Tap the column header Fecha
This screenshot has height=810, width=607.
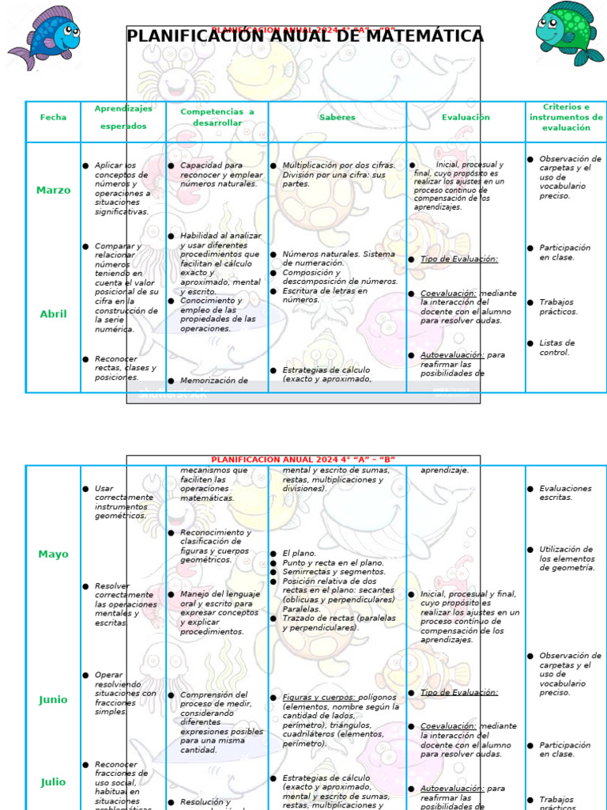click(x=54, y=117)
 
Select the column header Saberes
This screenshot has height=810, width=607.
click(x=337, y=117)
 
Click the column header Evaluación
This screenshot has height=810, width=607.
click(x=466, y=117)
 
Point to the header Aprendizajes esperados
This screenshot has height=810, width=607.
click(x=123, y=116)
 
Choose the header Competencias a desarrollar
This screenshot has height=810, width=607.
click(x=217, y=117)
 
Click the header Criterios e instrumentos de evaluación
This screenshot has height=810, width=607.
click(x=566, y=117)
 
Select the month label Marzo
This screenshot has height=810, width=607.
click(x=54, y=190)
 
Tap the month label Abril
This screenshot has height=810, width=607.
click(x=54, y=314)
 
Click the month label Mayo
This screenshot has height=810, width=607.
click(x=54, y=555)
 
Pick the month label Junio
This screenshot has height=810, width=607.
click(x=54, y=700)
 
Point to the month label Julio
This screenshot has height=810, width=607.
click(x=54, y=782)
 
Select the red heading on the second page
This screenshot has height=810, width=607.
click(x=303, y=460)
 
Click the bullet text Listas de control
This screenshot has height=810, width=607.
click(x=557, y=348)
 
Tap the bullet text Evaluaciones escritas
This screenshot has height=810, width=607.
click(x=565, y=493)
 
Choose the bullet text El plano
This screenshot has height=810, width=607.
click(x=300, y=554)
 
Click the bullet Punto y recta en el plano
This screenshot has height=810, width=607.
click(x=333, y=563)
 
